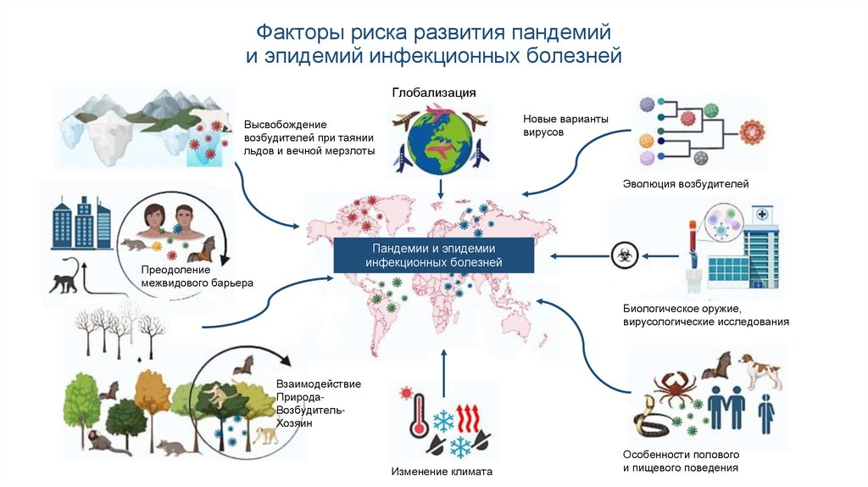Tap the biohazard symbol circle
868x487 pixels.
621,253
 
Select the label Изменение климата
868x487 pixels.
441,472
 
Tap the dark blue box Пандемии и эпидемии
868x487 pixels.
433,255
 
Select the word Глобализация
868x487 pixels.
433,92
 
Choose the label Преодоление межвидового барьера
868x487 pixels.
197,277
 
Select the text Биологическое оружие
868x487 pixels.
682,308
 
